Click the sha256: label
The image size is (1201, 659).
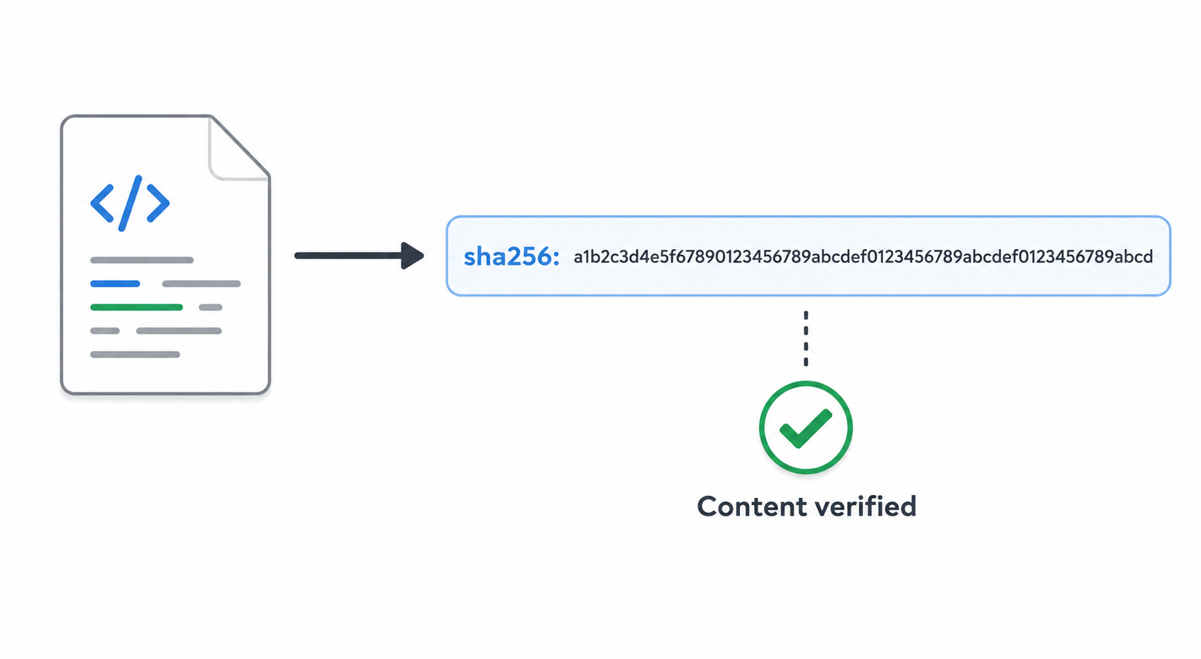(x=511, y=256)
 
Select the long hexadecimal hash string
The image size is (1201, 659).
(x=863, y=257)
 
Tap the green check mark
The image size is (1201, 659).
(x=805, y=428)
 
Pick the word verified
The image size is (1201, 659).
(x=868, y=506)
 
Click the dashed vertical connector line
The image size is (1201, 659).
(x=806, y=338)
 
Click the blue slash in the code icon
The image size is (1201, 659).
(x=131, y=203)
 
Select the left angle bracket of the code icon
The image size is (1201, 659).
(x=102, y=203)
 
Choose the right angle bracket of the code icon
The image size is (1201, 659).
(x=158, y=203)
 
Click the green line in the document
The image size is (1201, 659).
(x=137, y=307)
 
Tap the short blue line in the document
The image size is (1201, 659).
(x=115, y=284)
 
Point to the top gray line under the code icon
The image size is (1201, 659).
(x=142, y=260)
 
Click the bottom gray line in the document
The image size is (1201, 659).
(x=135, y=355)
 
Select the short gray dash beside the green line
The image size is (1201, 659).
(x=211, y=307)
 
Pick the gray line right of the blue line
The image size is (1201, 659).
(x=201, y=284)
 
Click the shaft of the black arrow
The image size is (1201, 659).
(x=348, y=256)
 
